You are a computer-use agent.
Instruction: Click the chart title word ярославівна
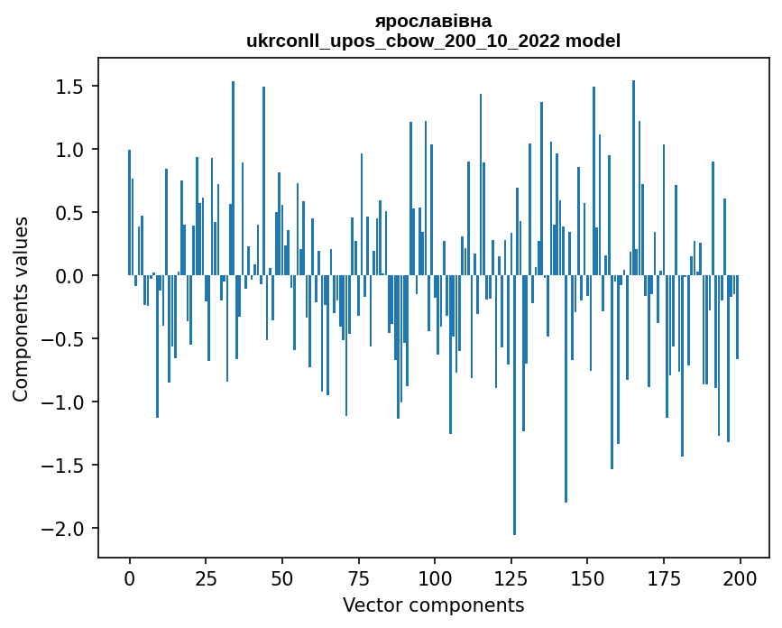[433, 21]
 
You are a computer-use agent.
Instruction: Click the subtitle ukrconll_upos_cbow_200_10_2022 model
[433, 41]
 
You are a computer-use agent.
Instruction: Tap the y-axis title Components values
[21, 309]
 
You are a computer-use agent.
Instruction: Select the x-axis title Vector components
[433, 605]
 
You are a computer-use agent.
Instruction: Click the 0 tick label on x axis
[129, 577]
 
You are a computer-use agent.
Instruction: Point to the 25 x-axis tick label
[206, 577]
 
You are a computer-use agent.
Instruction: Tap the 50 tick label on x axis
[281, 577]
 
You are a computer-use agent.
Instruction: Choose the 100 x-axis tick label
[434, 577]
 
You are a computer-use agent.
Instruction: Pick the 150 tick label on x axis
[587, 577]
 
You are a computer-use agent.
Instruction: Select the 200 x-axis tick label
[740, 577]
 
